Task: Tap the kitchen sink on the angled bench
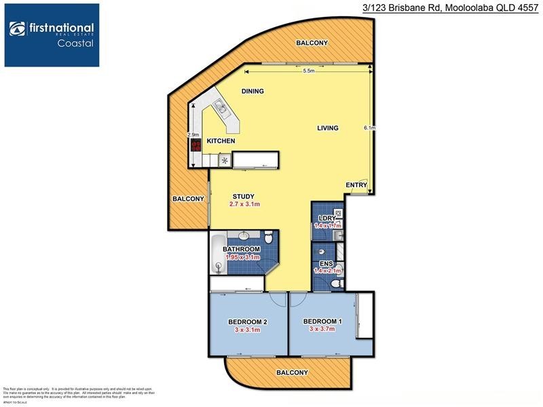tap(220, 106)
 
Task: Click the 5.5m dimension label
tap(309, 71)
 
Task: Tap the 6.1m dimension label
tap(369, 128)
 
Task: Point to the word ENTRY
tap(356, 185)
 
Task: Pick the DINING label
tap(252, 91)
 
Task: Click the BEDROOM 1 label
tap(322, 321)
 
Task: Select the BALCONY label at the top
tap(312, 43)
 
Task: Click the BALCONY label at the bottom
tap(292, 372)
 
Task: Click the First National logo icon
tap(18, 29)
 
